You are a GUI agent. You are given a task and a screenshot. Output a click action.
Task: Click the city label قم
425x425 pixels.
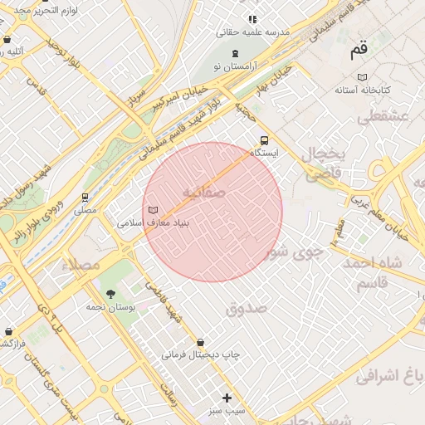pos(358,50)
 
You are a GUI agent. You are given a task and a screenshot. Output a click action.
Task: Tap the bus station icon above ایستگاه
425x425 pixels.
pos(265,140)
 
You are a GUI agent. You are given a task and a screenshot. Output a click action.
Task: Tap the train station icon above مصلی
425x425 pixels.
pos(85,198)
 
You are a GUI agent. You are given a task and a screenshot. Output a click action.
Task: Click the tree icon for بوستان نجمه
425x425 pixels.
pos(110,294)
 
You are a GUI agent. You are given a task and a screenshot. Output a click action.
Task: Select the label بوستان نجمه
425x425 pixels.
pos(110,307)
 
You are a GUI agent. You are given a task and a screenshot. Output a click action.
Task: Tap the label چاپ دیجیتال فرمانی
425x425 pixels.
pos(200,355)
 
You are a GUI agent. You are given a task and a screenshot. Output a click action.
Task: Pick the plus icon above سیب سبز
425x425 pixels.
pos(227,398)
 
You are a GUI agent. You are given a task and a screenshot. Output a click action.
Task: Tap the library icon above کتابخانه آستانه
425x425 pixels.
pos(341,89)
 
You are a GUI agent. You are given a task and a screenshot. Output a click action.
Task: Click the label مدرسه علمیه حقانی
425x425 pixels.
pos(253,32)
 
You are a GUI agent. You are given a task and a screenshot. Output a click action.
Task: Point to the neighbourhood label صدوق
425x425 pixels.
pos(246,308)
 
